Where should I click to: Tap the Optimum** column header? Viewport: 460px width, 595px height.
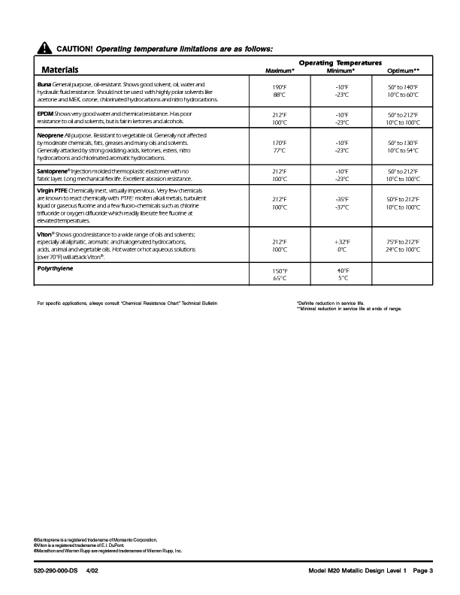click(x=403, y=71)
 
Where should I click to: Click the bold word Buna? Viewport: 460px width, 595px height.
click(x=44, y=85)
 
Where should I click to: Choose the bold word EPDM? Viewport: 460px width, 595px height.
click(x=45, y=113)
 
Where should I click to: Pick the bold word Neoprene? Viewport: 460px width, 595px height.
click(x=51, y=134)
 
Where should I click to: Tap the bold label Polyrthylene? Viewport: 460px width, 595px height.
click(x=59, y=267)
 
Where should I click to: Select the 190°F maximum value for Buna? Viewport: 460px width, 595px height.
click(x=280, y=88)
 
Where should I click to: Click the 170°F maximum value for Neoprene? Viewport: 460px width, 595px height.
click(x=280, y=142)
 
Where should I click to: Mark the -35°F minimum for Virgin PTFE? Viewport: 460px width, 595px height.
click(x=341, y=199)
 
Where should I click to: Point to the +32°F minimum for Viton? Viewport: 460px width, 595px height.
click(x=341, y=242)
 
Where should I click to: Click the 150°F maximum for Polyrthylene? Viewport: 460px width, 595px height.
click(x=280, y=270)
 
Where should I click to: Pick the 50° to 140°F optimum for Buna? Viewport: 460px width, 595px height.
click(x=403, y=88)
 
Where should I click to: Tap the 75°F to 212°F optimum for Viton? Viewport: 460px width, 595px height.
click(x=403, y=242)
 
